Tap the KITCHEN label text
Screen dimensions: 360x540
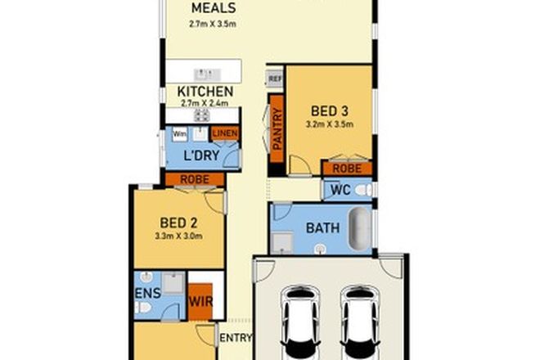click(205, 92)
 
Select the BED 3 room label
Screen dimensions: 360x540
click(330, 111)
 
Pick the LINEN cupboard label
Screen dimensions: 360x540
click(225, 134)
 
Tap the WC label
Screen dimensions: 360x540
click(340, 190)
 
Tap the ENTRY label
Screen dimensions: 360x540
click(236, 337)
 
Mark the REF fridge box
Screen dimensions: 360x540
click(274, 79)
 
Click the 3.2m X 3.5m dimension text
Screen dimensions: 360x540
click(330, 126)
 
